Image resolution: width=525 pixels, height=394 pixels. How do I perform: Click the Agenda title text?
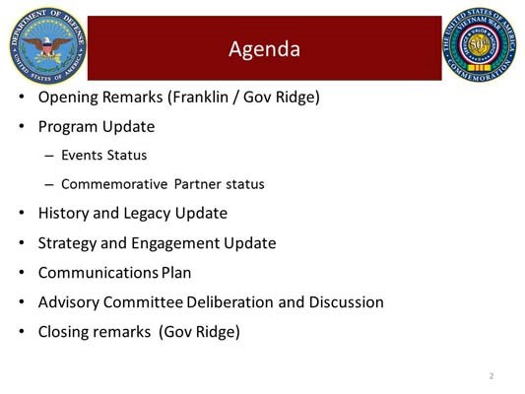264,48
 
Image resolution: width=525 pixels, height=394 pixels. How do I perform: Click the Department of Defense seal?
46,45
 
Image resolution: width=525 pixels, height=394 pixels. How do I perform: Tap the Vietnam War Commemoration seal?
481,45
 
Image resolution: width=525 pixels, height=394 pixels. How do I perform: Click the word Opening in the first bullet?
68,98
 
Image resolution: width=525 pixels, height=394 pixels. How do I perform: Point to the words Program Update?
97,127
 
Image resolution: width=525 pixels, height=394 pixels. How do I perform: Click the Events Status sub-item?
104,156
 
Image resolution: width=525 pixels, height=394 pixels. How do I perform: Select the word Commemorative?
113,184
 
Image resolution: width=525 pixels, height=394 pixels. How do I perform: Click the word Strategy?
68,243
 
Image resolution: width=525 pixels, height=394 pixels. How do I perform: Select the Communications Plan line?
114,273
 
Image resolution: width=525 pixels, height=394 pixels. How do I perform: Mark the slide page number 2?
491,376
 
